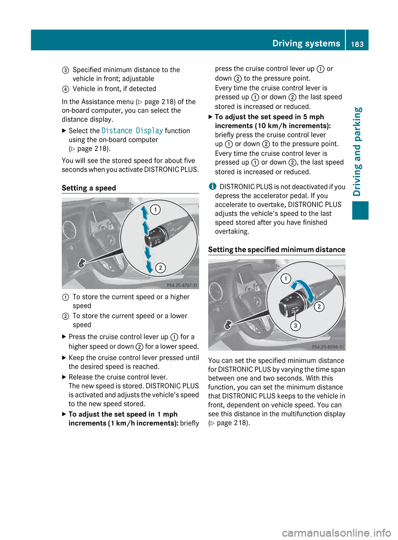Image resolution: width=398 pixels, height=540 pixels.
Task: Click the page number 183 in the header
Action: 357,44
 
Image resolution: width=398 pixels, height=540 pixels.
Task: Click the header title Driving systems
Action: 306,43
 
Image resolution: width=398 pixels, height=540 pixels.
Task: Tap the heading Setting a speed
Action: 89,188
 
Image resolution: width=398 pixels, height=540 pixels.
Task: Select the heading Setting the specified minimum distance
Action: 277,249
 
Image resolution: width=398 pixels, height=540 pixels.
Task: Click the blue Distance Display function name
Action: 132,131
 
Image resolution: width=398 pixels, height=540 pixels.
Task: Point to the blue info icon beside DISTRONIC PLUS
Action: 212,187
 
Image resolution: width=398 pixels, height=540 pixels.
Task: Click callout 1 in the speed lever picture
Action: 155,209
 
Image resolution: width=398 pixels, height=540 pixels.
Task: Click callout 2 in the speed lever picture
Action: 160,268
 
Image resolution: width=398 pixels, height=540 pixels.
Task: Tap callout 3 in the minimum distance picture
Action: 295,326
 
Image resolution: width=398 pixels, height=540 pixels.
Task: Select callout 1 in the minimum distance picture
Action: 286,278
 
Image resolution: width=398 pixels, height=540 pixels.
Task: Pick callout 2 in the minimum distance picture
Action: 319,306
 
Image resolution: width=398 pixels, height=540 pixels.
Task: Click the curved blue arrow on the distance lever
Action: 305,290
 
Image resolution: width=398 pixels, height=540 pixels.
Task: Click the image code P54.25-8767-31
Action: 182,285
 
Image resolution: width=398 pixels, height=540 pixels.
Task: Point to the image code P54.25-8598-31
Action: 328,347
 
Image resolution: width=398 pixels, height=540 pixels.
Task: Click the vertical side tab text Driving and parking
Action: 358,151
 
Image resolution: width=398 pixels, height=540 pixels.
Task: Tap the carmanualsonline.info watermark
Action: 336,533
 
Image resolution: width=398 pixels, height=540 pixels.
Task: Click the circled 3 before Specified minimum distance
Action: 66,70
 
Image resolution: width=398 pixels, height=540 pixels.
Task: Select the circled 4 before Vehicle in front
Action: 66,89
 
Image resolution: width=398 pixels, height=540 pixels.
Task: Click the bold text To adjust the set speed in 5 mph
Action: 269,117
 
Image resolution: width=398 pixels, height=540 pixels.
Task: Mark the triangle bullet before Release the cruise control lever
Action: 64,377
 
